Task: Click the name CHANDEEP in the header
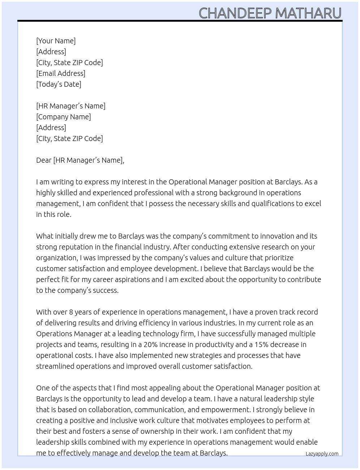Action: pos(235,13)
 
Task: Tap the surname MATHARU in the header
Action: pos(308,13)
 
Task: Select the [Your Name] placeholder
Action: pos(56,41)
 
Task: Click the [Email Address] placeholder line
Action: pos(61,73)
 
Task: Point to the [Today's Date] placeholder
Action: pos(59,84)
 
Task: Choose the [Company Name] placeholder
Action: pos(64,117)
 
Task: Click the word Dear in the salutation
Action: pos(44,160)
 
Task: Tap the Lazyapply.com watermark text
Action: pos(322,454)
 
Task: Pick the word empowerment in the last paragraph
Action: pos(225,410)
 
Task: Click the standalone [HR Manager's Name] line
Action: pos(71,106)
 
